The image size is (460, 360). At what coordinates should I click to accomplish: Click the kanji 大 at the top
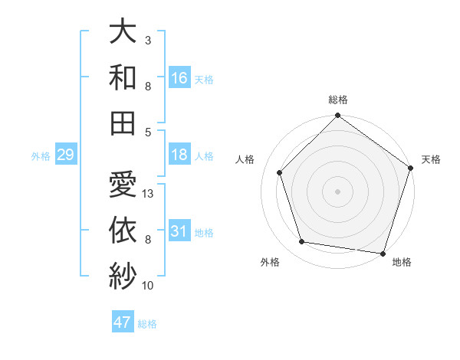pos(123,32)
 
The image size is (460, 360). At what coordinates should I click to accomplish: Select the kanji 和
pos(123,77)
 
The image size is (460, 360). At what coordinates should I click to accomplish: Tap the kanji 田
pos(123,122)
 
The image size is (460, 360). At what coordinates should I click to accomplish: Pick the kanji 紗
pos(123,273)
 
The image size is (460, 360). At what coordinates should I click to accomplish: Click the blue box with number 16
pos(179,78)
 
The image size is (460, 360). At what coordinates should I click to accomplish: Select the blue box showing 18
pos(179,155)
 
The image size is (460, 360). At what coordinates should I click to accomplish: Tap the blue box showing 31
pos(179,231)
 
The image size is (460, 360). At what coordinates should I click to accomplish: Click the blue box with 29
pos(65,155)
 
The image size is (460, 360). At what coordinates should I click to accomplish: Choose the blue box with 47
pos(123,322)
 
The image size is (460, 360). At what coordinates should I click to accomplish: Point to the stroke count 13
pos(149,194)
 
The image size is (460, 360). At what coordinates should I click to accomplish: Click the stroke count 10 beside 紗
pos(149,286)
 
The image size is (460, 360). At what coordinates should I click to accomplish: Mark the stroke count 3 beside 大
pos(148,40)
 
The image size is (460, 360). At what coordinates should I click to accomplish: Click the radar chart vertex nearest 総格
pos(337,116)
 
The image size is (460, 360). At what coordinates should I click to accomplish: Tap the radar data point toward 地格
pos(383,253)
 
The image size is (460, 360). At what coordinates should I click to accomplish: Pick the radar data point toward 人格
pos(280,172)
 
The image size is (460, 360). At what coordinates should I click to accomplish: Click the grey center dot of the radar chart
pos(337,191)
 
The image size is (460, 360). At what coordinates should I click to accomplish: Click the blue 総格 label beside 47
pos(148,324)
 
